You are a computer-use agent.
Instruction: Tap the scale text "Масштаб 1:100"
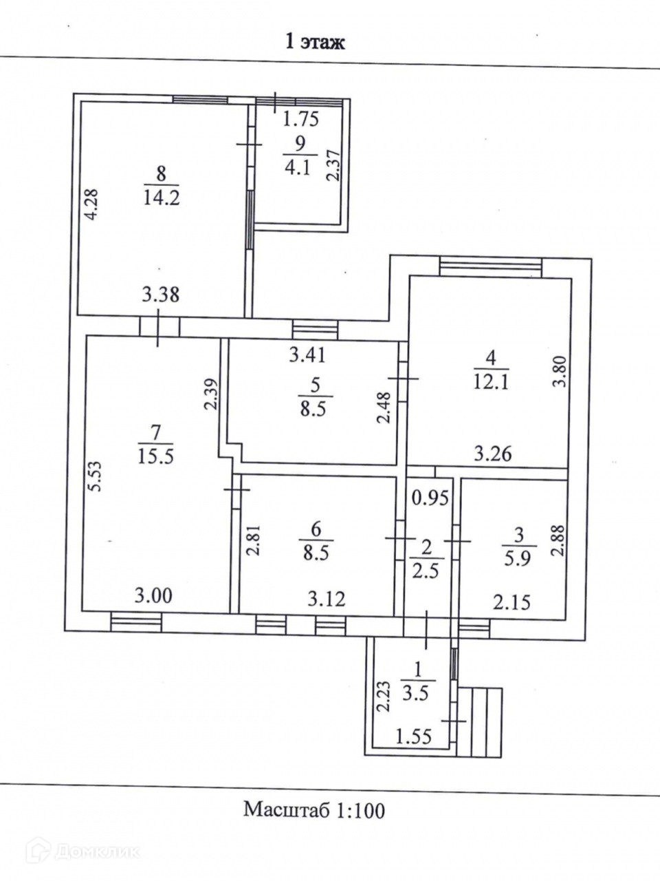pos(314,809)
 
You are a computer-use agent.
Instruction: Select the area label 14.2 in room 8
pos(162,198)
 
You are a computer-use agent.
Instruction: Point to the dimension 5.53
pos(97,475)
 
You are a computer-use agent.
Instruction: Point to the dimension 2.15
pos(511,603)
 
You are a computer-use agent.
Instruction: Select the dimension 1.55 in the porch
pos(413,738)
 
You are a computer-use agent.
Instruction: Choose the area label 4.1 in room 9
pos(297,167)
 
